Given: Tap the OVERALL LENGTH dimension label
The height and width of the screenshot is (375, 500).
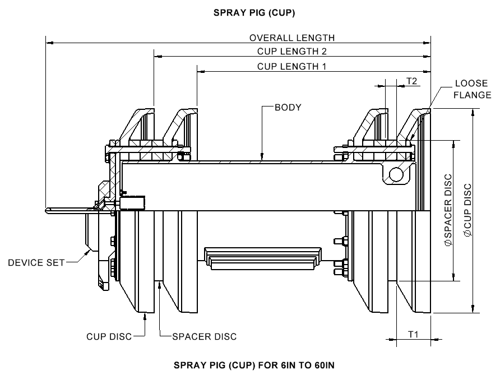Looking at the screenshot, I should point(291,38).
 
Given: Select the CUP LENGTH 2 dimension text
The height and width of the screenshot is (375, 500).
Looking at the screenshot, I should point(291,52).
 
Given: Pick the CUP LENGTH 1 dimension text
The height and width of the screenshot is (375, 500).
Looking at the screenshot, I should point(291,66).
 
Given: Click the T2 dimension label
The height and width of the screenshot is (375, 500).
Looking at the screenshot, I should point(411,81).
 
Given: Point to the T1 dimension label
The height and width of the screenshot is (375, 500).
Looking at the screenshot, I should point(413,334).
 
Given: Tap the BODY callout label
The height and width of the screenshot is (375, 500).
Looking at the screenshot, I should point(288,107).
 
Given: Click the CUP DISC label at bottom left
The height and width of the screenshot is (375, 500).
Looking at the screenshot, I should point(109,336).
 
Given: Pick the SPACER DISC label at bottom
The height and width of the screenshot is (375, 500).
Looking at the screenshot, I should point(204,336).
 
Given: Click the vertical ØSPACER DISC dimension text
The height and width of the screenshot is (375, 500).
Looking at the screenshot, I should point(448,210).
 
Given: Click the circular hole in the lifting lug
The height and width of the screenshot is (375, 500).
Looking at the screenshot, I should point(396,174).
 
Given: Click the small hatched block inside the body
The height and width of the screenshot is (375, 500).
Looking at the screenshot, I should point(133,202).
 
